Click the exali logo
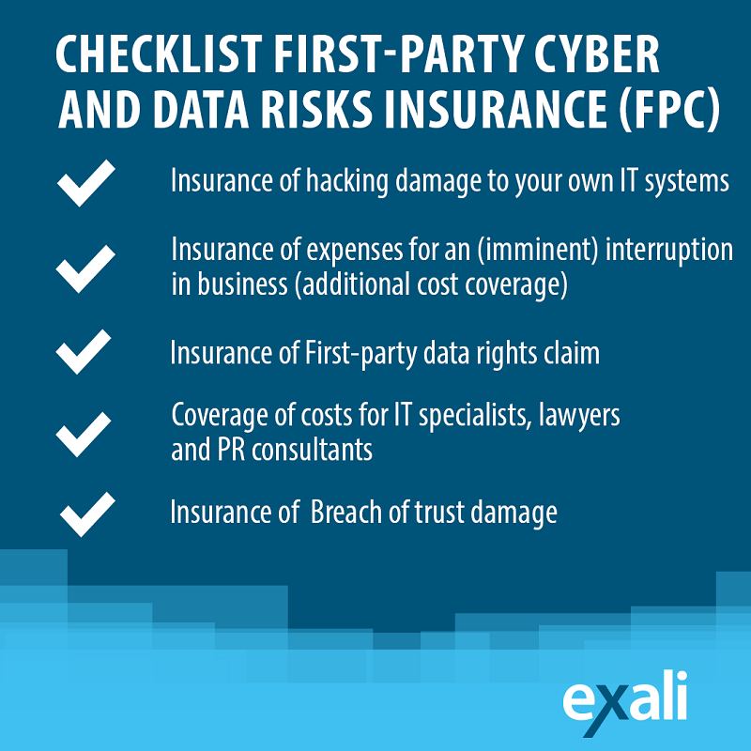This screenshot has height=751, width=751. click(x=625, y=702)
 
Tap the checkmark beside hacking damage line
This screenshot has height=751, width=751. click(x=86, y=183)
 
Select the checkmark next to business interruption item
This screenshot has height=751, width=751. click(x=85, y=268)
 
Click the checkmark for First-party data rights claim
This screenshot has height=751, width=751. click(x=84, y=351)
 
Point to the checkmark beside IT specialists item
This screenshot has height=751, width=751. click(x=84, y=434)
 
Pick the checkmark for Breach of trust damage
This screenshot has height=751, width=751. click(x=87, y=513)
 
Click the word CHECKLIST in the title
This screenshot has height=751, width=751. click(x=159, y=54)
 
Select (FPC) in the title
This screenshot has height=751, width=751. click(x=669, y=109)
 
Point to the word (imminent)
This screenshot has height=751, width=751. click(x=538, y=250)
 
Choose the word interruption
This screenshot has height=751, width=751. click(x=669, y=251)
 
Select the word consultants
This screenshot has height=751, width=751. click(x=313, y=450)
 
